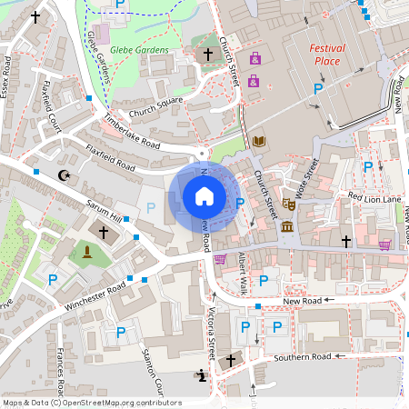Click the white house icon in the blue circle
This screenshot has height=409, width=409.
[x=204, y=195]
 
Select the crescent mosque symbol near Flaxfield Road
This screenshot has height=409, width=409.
[x=64, y=175]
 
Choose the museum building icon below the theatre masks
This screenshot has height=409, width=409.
[x=288, y=225]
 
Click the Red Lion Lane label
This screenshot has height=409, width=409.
[x=374, y=197]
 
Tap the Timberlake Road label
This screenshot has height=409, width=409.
[x=132, y=133]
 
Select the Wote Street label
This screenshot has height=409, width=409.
[x=304, y=175]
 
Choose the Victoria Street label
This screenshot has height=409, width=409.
[x=212, y=327]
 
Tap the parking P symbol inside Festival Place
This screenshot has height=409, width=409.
[x=318, y=88]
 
